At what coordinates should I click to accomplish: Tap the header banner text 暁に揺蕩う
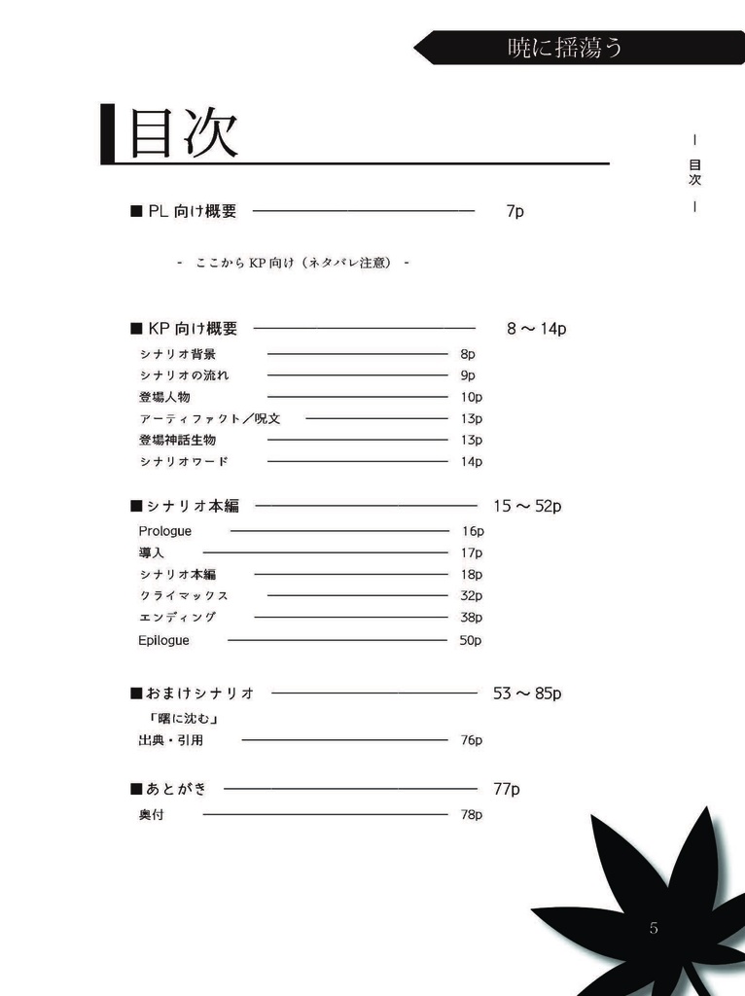point(565,47)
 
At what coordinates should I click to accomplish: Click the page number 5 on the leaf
point(654,928)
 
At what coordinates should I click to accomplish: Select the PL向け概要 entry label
point(192,211)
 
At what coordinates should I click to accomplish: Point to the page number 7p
point(514,211)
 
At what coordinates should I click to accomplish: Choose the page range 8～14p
point(536,329)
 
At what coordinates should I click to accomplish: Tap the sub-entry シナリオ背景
point(177,355)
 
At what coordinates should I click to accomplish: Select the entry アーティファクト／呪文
point(209,418)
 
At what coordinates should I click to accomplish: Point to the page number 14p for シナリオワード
point(472,462)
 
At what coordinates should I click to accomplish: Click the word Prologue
point(165,531)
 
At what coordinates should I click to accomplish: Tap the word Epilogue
point(164,640)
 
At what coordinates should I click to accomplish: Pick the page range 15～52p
point(527,506)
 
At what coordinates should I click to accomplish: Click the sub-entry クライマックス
point(183,595)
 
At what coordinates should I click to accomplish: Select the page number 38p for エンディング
point(471,618)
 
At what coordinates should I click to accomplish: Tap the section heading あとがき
point(175,789)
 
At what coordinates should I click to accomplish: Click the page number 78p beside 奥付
point(471,814)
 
